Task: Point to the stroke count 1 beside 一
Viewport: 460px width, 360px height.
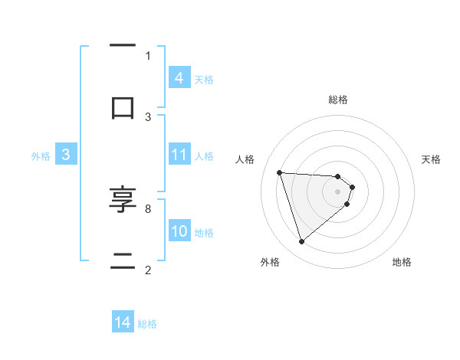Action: point(148,55)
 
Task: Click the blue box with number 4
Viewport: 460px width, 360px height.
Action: point(179,78)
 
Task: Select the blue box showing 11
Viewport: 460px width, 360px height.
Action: point(179,155)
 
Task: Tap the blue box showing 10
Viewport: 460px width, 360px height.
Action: point(179,231)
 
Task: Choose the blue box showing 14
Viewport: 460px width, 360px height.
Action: point(123,323)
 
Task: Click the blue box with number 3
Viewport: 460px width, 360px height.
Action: point(66,155)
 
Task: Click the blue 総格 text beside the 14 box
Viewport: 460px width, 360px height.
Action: point(147,324)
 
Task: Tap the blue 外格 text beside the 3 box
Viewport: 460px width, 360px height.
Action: point(41,155)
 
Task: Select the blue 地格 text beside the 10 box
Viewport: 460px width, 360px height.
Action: point(204,232)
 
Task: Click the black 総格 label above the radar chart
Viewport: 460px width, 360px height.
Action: point(338,100)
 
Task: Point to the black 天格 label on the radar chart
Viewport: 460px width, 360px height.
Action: point(432,159)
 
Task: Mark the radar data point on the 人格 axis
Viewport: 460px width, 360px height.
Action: point(280,172)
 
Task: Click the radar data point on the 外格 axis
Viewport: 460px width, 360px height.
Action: point(301,242)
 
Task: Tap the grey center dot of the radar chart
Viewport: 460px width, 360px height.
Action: point(338,191)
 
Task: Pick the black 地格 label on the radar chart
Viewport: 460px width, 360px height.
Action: point(402,262)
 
